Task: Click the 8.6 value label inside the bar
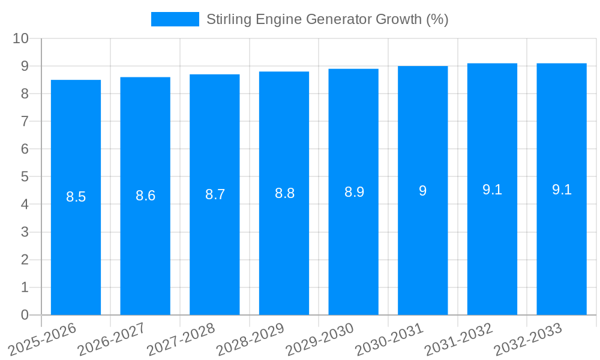click(145, 196)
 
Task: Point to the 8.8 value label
click(284, 193)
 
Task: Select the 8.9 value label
click(354, 192)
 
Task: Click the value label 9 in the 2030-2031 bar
click(423, 191)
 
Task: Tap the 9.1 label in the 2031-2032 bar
click(492, 190)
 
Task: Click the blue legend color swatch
click(175, 19)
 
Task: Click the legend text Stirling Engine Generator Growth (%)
click(327, 19)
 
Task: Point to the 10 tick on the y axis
click(21, 38)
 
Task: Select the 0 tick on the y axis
click(25, 315)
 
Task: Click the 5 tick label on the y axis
click(25, 177)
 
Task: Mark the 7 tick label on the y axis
click(25, 122)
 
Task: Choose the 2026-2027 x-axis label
click(111, 339)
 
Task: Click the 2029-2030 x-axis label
click(319, 339)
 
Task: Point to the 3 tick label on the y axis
click(25, 232)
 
